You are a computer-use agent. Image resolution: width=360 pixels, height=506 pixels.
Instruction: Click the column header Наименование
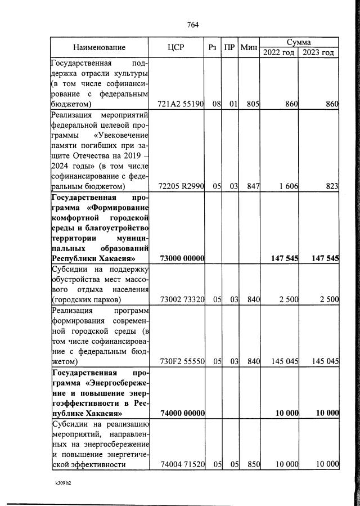99,48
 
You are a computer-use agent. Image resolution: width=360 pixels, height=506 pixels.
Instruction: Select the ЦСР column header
175,48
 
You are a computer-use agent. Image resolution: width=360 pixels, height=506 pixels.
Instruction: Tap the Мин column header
248,48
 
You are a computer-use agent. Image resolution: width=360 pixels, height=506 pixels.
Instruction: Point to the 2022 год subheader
278,52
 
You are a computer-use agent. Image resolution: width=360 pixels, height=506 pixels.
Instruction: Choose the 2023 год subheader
318,52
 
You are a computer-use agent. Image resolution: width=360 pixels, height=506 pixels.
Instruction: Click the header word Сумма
299,42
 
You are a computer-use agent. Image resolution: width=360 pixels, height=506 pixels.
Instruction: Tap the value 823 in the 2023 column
331,186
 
